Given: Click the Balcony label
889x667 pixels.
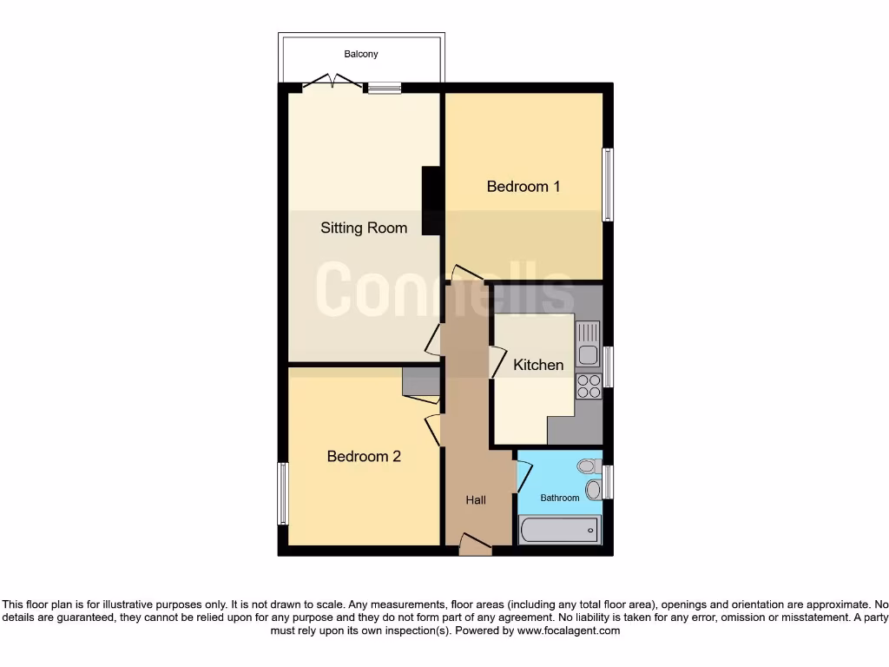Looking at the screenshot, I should click(x=361, y=54).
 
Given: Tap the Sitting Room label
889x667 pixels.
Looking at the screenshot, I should click(x=364, y=228).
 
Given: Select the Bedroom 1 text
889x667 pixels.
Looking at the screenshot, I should click(x=524, y=186).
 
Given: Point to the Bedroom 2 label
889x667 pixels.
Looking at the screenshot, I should click(x=364, y=456).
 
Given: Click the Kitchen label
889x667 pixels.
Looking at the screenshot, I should click(x=538, y=365).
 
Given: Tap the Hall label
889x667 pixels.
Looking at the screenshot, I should click(x=476, y=500).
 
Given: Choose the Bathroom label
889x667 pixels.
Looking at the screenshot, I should click(x=560, y=498).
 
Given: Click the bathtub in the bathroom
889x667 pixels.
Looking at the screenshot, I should click(x=559, y=529).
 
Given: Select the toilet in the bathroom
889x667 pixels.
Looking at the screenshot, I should click(x=589, y=466).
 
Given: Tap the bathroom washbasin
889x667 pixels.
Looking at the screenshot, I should click(x=593, y=490).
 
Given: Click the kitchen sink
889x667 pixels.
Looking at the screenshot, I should click(x=588, y=344).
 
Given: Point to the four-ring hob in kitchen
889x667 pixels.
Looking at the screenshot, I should click(x=588, y=386).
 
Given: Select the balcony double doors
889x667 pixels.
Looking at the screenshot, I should click(x=333, y=83).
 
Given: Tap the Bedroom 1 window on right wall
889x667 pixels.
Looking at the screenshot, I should click(x=608, y=184).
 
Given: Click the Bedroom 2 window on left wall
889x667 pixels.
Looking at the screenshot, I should click(x=282, y=493).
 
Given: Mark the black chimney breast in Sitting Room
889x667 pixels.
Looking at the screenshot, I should click(x=431, y=201).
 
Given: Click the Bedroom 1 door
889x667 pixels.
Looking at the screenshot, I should click(x=466, y=274).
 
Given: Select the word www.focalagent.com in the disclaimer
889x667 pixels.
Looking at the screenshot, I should click(x=569, y=631).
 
